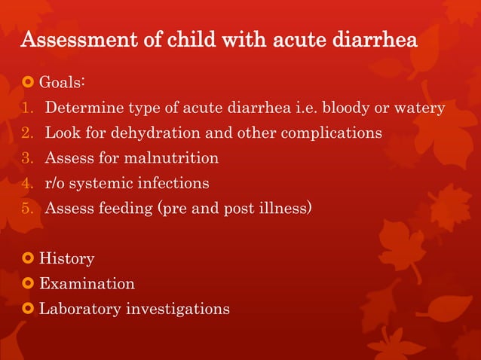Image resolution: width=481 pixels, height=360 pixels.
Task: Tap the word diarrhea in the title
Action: (x=372, y=40)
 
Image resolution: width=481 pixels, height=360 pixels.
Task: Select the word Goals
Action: (x=64, y=81)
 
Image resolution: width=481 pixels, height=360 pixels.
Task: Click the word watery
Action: (x=418, y=108)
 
